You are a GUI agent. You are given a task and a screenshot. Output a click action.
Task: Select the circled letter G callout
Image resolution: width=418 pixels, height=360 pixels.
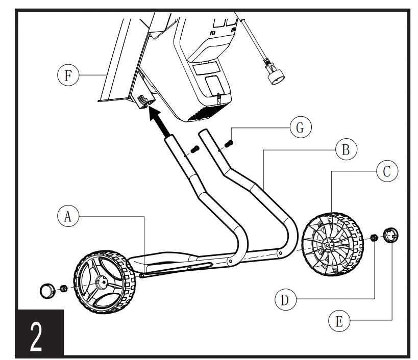[301, 127]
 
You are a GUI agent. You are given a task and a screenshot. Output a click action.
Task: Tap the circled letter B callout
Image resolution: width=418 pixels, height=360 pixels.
[346, 150]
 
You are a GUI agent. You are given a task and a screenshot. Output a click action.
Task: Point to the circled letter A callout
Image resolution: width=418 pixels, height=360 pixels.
[68, 216]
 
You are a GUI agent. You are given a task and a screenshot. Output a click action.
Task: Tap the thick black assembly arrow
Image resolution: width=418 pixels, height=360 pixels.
[162, 122]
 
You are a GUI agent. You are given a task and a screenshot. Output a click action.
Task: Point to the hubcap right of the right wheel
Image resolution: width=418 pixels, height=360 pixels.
[390, 236]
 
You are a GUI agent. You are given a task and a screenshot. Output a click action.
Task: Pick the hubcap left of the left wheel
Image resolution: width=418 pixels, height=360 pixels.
[47, 291]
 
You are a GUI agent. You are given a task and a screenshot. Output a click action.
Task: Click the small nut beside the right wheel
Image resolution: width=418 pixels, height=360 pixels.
[374, 238]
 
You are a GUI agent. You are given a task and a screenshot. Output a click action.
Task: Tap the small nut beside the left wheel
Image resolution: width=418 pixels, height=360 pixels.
[64, 289]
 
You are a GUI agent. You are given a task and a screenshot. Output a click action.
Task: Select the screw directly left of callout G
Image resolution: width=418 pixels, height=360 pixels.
[229, 145]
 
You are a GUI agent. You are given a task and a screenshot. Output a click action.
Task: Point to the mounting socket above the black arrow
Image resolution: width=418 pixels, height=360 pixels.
[145, 102]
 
